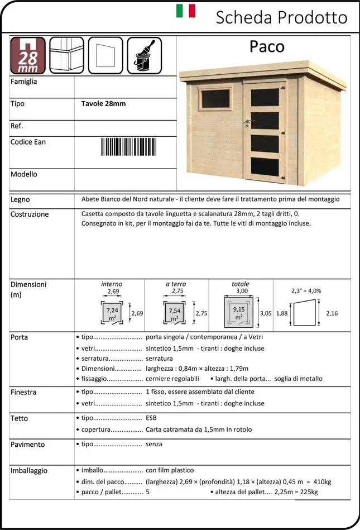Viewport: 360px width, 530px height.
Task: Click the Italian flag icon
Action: click(x=186, y=11)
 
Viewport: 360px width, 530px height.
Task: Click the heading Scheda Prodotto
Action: click(x=281, y=17)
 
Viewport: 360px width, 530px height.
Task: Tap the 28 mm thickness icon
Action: click(x=28, y=55)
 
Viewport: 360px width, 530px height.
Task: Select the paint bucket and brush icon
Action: click(x=144, y=55)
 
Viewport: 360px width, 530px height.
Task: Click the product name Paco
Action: click(x=267, y=47)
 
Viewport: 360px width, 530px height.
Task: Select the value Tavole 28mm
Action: click(x=104, y=103)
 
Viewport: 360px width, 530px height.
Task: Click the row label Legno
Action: click(x=21, y=199)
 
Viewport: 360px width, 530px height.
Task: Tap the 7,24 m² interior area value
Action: click(x=112, y=313)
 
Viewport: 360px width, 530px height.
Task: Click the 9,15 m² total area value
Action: click(x=238, y=313)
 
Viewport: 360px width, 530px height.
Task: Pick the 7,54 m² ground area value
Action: click(x=175, y=313)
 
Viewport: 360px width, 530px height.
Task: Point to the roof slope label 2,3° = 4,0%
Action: click(x=306, y=290)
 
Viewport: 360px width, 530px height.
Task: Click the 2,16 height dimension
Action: click(x=332, y=313)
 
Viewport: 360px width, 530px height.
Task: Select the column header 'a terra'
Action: click(x=176, y=284)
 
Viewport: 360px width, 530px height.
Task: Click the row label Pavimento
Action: click(x=28, y=445)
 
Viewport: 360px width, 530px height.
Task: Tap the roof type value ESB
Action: click(x=151, y=418)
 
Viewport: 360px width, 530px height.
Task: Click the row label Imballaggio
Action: click(x=29, y=470)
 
